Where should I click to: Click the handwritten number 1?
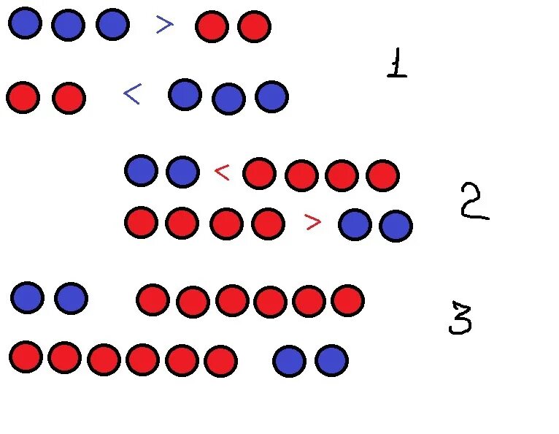pos(396,64)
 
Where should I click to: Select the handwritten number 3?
pos(460,319)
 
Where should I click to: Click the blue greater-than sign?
pos(165,25)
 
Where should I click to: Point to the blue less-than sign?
pos(132,94)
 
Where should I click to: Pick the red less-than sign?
pos(222,172)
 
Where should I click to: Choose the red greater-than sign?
pos(312,222)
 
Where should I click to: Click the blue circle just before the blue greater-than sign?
pos(112,24)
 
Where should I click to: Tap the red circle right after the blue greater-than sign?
pos(212,26)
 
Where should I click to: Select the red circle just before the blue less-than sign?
pos(69,98)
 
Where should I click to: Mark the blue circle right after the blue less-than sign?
pos(185,94)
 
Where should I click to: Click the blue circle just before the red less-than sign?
pos(182,172)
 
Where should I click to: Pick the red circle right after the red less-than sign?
pos(259,174)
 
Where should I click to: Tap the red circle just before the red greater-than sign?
pos(268,224)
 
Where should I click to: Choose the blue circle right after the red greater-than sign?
pos(355,224)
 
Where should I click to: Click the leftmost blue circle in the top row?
pos(25,23)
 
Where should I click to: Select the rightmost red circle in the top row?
pos(254,26)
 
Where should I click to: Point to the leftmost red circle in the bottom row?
pos(26,357)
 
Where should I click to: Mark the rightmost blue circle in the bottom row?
pos(331,360)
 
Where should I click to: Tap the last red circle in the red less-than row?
pos(382,175)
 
